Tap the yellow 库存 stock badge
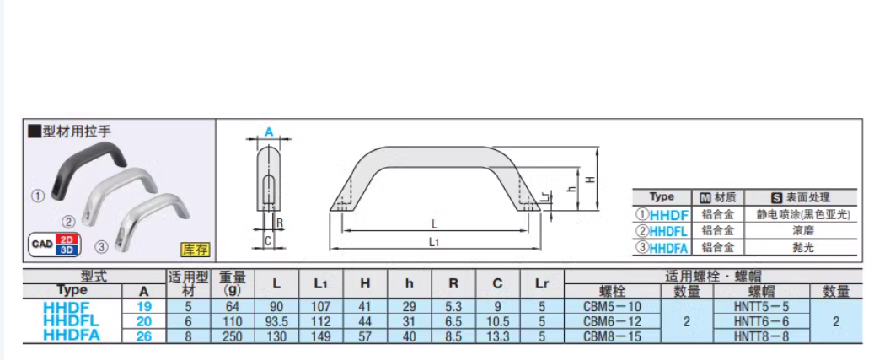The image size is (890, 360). coord(195,250)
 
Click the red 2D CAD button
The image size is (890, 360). coord(69,239)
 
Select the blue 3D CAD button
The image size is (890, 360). coord(69,250)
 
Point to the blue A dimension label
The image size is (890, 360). coord(269,132)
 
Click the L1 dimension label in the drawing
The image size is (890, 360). coord(434,243)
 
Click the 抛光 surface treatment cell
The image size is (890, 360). coord(801,248)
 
